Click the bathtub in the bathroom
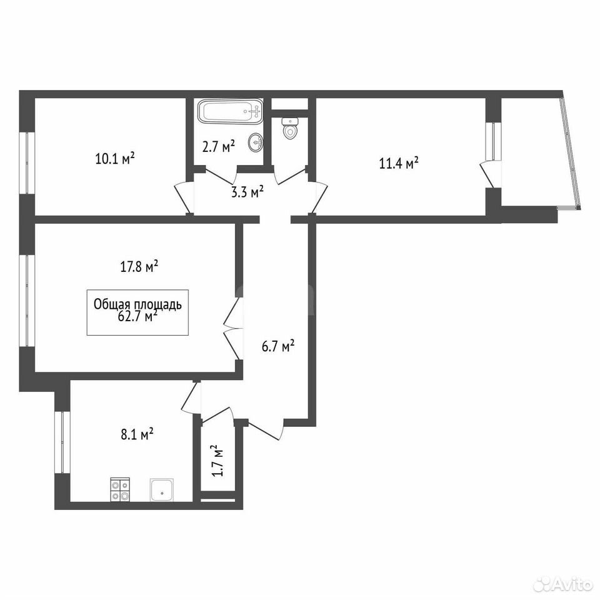(230, 111)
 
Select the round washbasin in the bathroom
(255, 142)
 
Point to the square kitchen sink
(162, 489)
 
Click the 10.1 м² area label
(115, 158)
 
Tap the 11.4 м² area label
(399, 163)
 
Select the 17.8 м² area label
(139, 266)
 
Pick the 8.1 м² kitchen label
(137, 434)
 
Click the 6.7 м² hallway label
(278, 347)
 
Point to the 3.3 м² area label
(247, 191)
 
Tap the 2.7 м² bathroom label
(218, 146)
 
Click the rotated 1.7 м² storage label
(217, 461)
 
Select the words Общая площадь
(137, 304)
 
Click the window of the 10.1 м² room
(27, 163)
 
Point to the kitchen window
(62, 442)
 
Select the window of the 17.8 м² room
(27, 301)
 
